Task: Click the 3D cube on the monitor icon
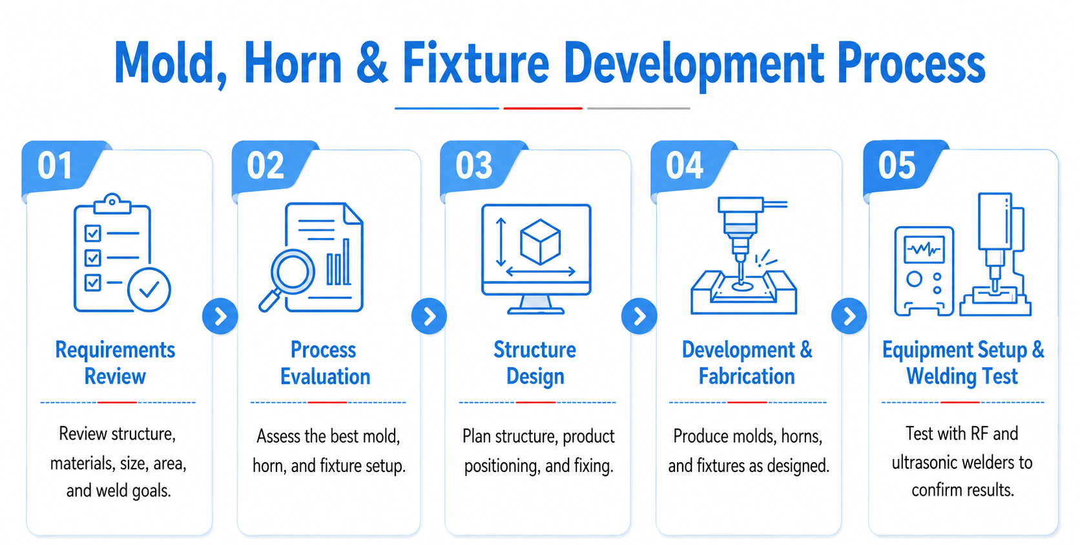pos(540,242)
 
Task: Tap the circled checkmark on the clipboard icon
pos(149,290)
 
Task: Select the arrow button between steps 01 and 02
pos(220,316)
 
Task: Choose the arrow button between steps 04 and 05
pos(849,316)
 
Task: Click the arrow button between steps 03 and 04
pos(639,316)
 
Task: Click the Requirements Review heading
pos(115,363)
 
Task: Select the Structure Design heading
pos(535,363)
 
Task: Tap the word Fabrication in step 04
pos(747,376)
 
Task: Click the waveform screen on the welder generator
pos(924,249)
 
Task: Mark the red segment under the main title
pos(543,109)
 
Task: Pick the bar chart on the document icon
pos(338,262)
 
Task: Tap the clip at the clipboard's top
pos(112,203)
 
